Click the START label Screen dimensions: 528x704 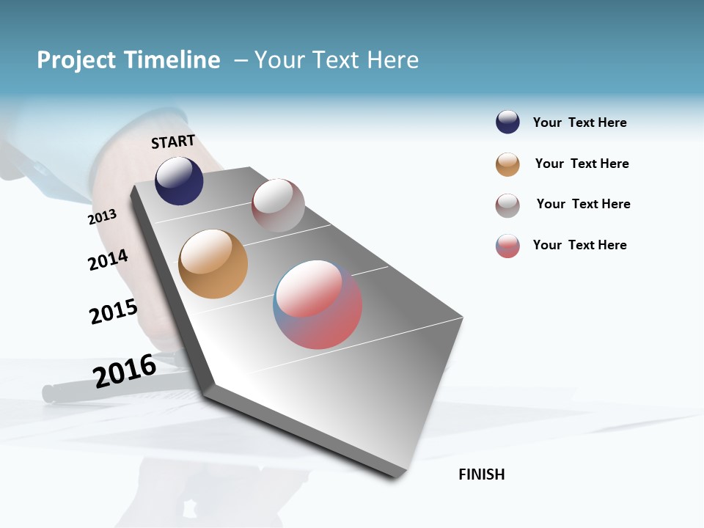pyautogui.click(x=173, y=142)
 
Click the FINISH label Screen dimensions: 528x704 pyautogui.click(x=481, y=474)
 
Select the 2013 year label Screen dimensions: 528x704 pyautogui.click(x=102, y=217)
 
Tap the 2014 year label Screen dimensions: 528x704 pyautogui.click(x=108, y=260)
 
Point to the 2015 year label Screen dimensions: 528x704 pyautogui.click(x=113, y=311)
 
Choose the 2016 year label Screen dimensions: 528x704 pyautogui.click(x=124, y=370)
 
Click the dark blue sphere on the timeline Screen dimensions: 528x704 pyautogui.click(x=179, y=181)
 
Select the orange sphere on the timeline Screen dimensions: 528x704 pyautogui.click(x=213, y=264)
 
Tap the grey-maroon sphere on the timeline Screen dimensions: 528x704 pyautogui.click(x=278, y=205)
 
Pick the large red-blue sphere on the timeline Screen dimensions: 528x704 pyautogui.click(x=318, y=304)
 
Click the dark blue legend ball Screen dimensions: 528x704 pyautogui.click(x=507, y=122)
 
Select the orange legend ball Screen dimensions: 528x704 pyautogui.click(x=507, y=164)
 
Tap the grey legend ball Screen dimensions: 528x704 pyautogui.click(x=507, y=205)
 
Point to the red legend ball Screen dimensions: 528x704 pyautogui.click(x=507, y=246)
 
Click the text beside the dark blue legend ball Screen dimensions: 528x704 pyautogui.click(x=579, y=122)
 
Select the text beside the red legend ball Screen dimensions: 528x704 pyautogui.click(x=579, y=245)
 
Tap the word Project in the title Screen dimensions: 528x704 pyautogui.click(x=76, y=60)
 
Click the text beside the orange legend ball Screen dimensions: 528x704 pyautogui.click(x=582, y=164)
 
